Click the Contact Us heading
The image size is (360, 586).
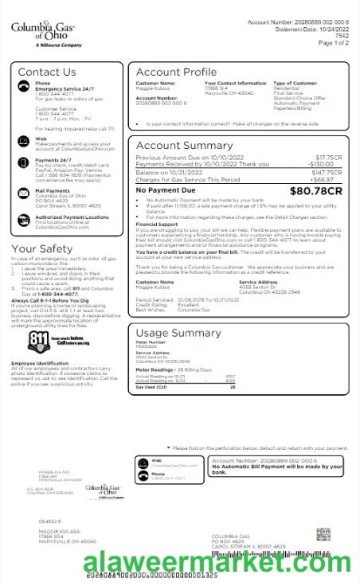pos(46,72)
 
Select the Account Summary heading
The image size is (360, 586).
pos(184,146)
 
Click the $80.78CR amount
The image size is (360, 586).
pos(316,191)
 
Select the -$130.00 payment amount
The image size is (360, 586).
pos(327,163)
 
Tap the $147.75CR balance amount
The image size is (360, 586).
pos(327,172)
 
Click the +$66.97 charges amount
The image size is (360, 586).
pos(330,179)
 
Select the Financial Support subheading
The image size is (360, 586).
pos(156,225)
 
